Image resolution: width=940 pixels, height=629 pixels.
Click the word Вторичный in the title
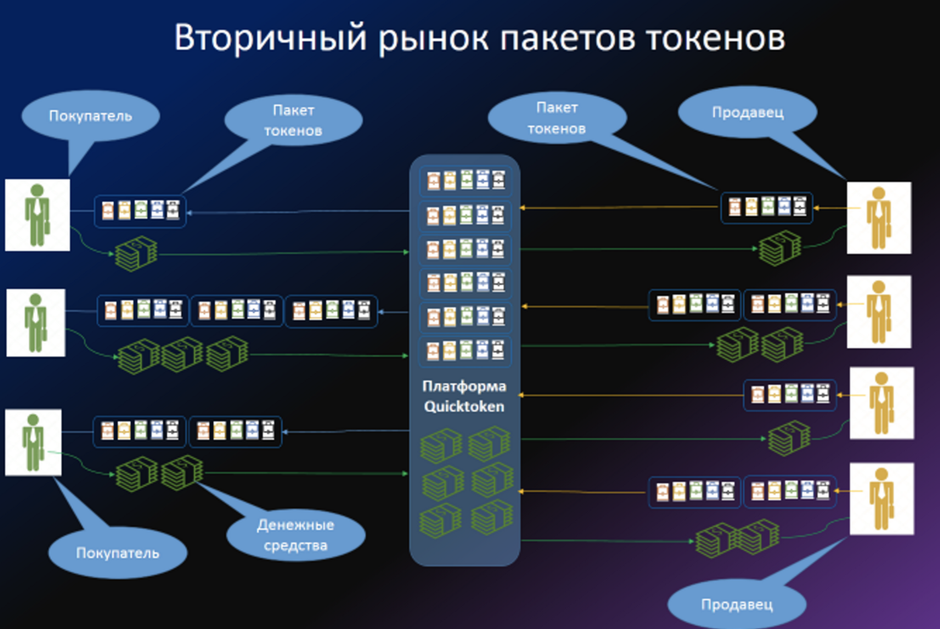pos(270,38)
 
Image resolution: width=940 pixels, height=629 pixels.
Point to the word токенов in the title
pos(716,38)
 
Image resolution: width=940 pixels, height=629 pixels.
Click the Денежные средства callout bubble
pos(295,535)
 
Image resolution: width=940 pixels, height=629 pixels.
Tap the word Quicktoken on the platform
pos(464,407)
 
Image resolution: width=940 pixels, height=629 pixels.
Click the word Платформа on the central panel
pos(464,386)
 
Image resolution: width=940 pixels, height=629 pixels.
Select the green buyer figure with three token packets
pos(36,323)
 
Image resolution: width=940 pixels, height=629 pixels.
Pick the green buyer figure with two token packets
pos(33,442)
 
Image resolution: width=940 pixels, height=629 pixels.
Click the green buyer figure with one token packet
pos(38,215)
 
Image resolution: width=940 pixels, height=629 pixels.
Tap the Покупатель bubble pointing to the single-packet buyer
pos(91,116)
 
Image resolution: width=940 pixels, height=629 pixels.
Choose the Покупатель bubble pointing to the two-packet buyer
pos(117,553)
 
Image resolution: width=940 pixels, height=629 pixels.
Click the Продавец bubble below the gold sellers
pos(737,604)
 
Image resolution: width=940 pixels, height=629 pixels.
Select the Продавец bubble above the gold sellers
pos(747,112)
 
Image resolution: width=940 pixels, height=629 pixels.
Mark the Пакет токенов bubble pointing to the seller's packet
pos(557,118)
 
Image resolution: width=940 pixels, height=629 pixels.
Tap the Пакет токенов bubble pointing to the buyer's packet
pos(293,120)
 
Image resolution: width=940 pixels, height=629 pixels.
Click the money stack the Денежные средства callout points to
pos(182,472)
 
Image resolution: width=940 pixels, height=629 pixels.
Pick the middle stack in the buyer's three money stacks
pos(182,353)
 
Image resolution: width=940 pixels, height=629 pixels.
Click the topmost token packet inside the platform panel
pos(465,180)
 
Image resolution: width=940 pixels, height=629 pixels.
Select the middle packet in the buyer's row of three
pos(237,310)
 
